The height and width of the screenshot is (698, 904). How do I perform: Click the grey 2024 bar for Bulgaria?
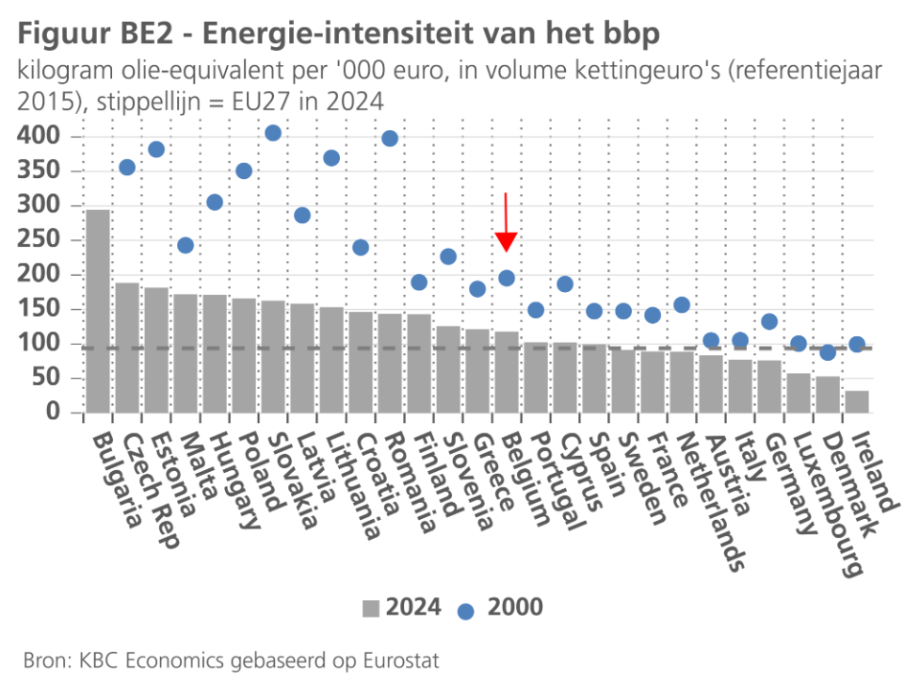point(98,311)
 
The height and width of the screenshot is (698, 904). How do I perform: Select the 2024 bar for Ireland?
point(857,401)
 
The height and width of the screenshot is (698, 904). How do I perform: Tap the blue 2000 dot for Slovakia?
point(273,133)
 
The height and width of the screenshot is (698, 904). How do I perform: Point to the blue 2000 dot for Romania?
point(390,138)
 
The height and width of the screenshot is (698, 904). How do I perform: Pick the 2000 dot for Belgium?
point(507,278)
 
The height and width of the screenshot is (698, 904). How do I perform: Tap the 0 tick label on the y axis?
point(53,413)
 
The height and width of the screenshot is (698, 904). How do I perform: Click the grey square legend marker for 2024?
point(371,609)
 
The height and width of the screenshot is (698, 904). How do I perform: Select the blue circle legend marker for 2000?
point(465,609)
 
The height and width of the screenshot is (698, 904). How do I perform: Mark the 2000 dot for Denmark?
point(828,352)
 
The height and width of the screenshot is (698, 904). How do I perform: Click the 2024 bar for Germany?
point(769,386)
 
